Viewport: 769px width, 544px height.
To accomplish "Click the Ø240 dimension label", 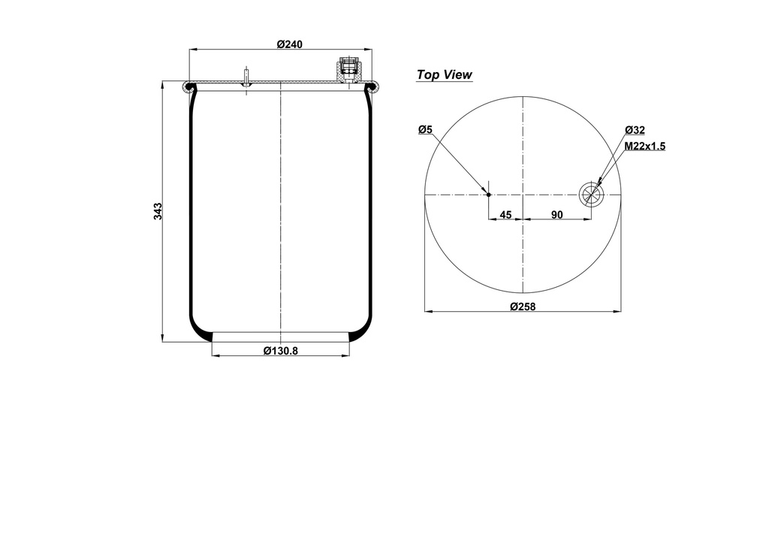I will click(x=289, y=44).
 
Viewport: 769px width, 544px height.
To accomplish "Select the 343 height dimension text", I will click(x=158, y=212).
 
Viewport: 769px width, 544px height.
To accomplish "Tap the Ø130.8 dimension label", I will click(x=281, y=350).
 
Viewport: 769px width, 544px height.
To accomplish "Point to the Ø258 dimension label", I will click(x=522, y=306).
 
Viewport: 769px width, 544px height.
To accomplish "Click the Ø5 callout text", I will click(x=425, y=130).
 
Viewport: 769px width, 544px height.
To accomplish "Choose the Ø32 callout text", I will click(x=635, y=130).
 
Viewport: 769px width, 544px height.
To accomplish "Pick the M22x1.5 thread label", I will click(x=644, y=146).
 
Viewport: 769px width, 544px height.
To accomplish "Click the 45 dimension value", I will click(x=505, y=215).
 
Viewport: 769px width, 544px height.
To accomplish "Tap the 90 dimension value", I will click(x=556, y=215).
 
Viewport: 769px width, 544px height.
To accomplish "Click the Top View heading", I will click(x=444, y=74).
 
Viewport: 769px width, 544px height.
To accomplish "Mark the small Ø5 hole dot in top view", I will click(x=489, y=195).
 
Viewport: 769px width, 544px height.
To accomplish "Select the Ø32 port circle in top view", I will click(x=591, y=195).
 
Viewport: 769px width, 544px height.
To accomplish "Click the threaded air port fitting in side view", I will click(x=348, y=71).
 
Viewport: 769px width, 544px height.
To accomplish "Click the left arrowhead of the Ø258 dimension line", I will click(x=427, y=310).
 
